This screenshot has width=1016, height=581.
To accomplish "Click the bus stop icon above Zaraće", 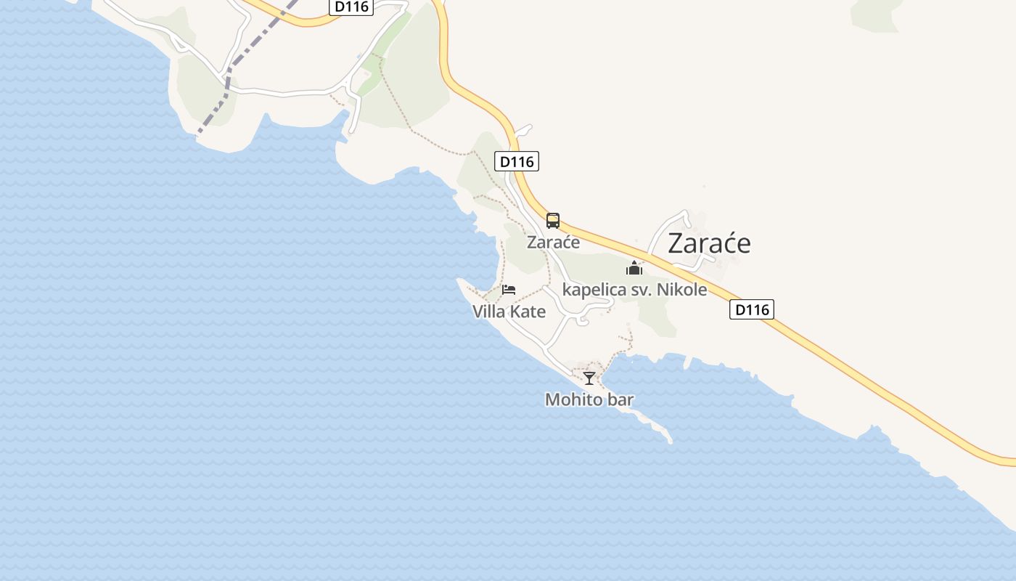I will [x=553, y=221].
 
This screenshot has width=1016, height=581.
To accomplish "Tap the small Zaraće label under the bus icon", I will [x=553, y=243].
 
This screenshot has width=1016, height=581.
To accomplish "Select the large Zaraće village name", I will [x=709, y=243].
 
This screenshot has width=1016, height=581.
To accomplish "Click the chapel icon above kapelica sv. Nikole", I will [x=634, y=269].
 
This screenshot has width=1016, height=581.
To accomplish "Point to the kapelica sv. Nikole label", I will [x=634, y=290].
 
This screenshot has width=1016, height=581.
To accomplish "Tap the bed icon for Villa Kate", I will [x=509, y=290].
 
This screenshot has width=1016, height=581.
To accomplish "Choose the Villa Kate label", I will [x=509, y=312].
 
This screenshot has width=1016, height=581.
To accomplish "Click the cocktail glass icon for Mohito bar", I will [x=589, y=378].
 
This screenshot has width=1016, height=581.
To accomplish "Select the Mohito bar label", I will [x=589, y=399].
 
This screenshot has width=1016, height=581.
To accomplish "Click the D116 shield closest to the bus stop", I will [x=517, y=161].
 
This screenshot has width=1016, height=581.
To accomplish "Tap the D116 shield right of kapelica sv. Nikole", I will [x=751, y=310].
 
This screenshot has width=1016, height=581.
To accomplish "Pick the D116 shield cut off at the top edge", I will [x=352, y=7].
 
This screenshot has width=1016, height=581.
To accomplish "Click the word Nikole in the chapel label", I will [x=681, y=290].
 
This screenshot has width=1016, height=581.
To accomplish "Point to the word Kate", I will [x=528, y=312].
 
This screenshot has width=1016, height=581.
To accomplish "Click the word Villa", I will [x=489, y=312].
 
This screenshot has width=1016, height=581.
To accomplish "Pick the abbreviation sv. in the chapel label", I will [x=642, y=290].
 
